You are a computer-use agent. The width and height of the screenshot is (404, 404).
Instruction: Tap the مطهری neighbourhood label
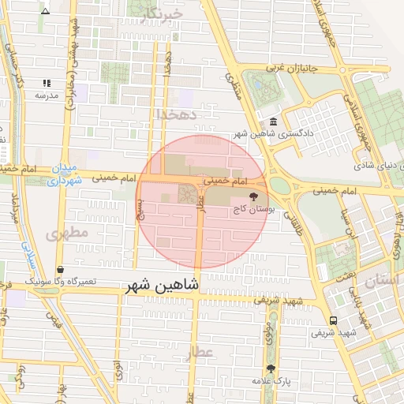(x=63, y=234)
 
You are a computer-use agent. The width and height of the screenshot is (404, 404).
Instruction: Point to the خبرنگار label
(x=163, y=13)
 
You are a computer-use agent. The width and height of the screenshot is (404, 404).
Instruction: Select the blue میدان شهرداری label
(x=60, y=175)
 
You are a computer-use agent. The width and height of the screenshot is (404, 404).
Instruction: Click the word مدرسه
(x=46, y=95)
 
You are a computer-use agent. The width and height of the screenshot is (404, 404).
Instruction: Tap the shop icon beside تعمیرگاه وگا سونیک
(x=61, y=270)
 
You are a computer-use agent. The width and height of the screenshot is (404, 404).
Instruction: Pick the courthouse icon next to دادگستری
(x=273, y=122)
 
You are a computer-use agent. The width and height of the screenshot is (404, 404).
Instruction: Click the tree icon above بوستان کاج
(x=252, y=197)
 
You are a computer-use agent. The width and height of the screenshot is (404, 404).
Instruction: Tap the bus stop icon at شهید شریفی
(x=334, y=320)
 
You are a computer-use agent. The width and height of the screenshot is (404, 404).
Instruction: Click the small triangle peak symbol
(x=45, y=11)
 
